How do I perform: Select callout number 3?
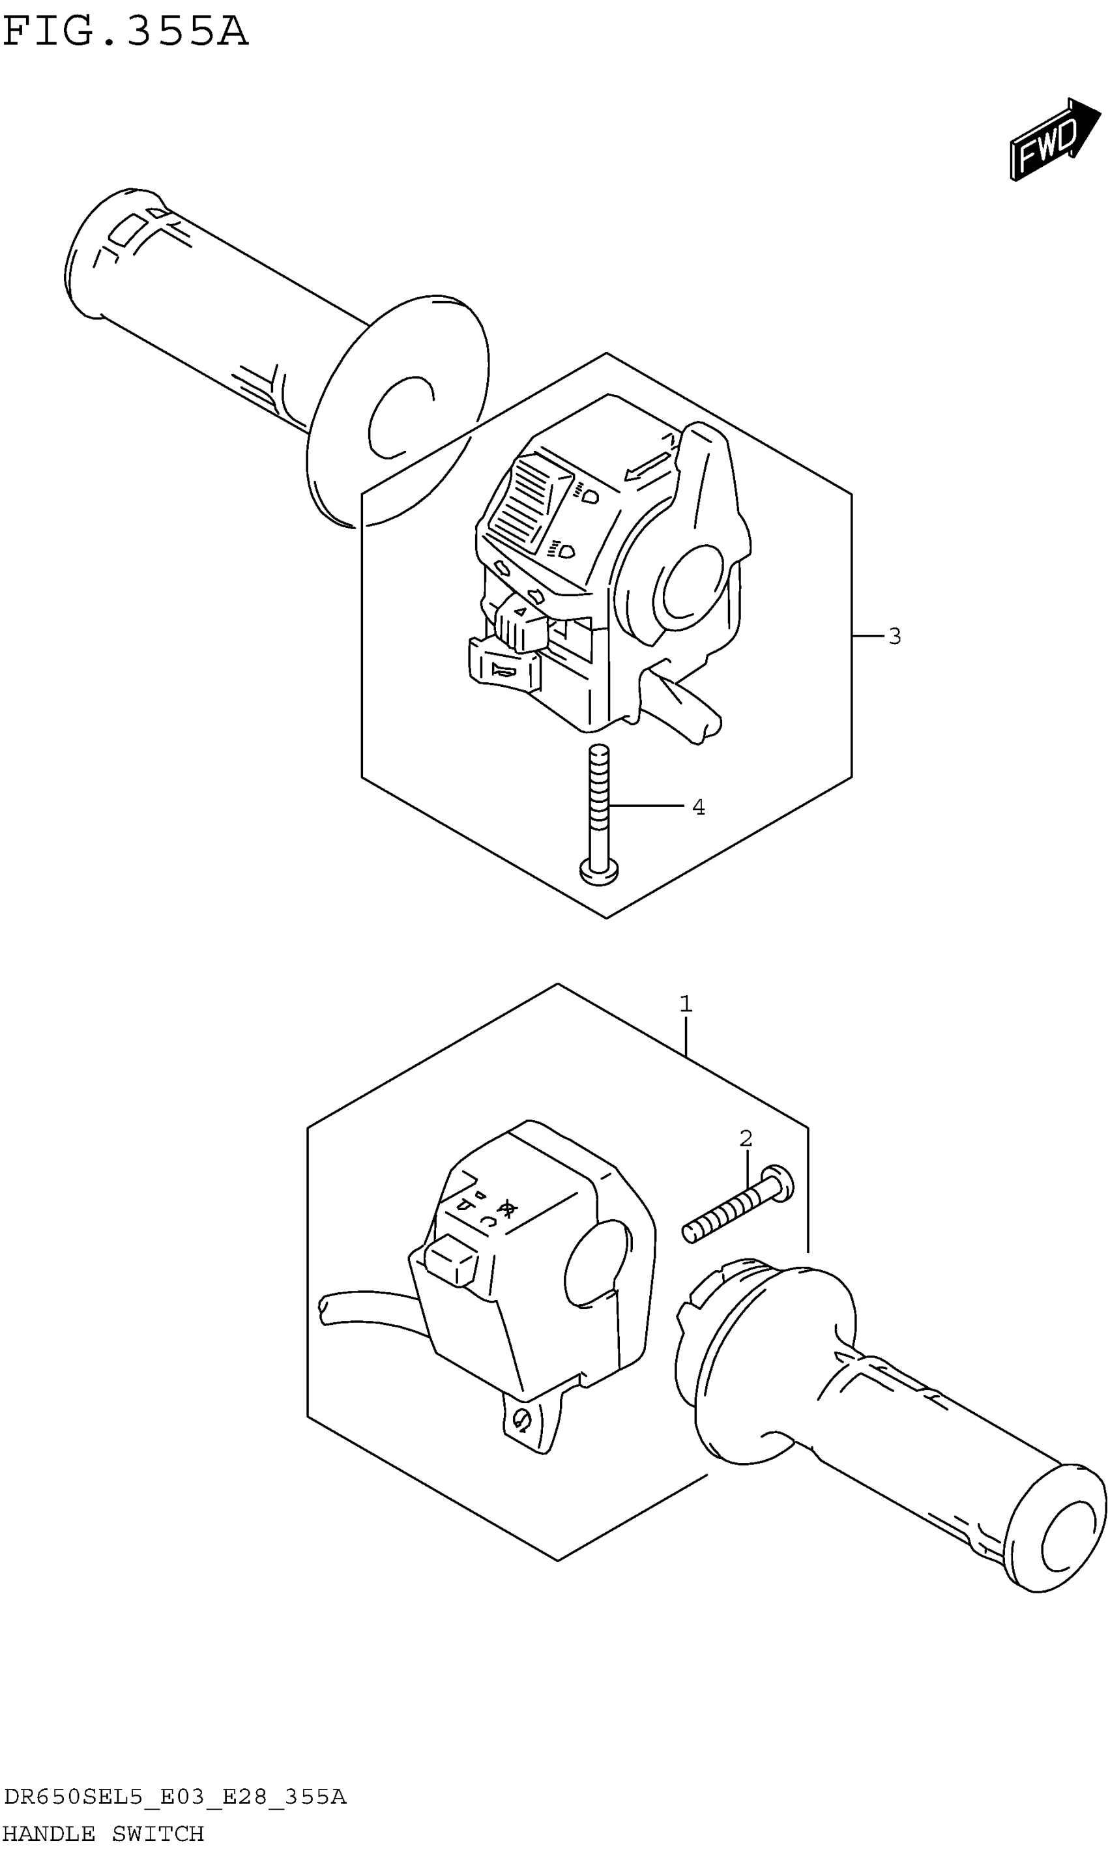(x=894, y=637)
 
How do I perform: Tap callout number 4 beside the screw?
(x=698, y=807)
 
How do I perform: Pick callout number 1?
(x=686, y=1005)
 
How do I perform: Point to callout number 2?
(x=746, y=1139)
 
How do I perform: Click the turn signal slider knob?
(x=519, y=625)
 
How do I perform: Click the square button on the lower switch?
(x=451, y=1260)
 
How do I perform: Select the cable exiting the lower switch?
(x=366, y=1309)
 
